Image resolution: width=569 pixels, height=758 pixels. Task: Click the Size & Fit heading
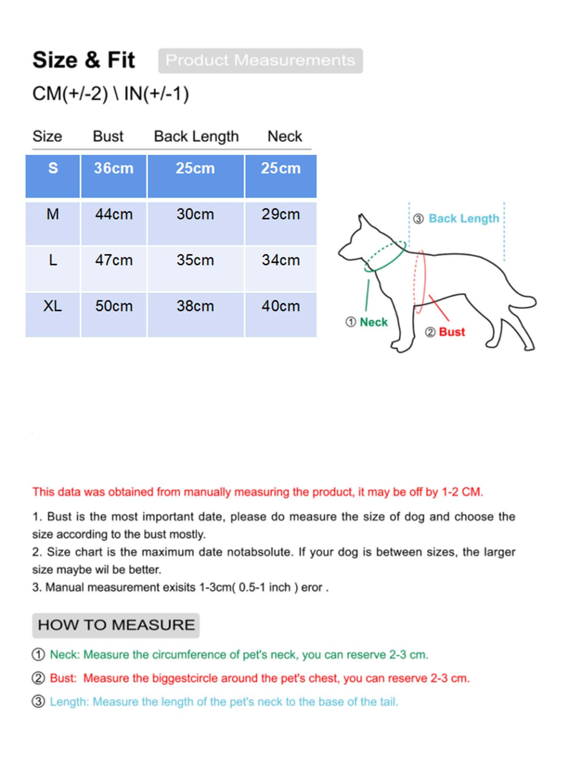coord(84,60)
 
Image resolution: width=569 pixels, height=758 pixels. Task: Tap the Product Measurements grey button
coord(260,60)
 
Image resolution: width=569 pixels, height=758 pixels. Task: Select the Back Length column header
coord(196,136)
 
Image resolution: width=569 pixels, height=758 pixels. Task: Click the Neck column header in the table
coord(284,136)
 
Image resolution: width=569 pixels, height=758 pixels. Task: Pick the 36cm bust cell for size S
coord(114,168)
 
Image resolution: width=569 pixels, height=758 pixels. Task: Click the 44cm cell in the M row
coord(114,214)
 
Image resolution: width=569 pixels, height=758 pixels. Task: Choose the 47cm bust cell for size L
coord(114,260)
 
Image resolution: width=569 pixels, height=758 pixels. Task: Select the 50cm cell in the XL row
coord(114,306)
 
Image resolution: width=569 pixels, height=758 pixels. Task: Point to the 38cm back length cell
coord(195,306)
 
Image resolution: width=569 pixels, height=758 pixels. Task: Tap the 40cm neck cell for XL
coord(281,306)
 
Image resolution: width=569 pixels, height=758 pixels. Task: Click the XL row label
coord(53,306)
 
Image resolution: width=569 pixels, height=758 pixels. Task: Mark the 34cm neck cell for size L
coord(281,260)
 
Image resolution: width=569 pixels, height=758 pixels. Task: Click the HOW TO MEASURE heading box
coord(116,625)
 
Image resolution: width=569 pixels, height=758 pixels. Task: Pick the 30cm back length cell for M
coord(195,214)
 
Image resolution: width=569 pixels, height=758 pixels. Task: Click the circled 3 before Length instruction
coord(38,702)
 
